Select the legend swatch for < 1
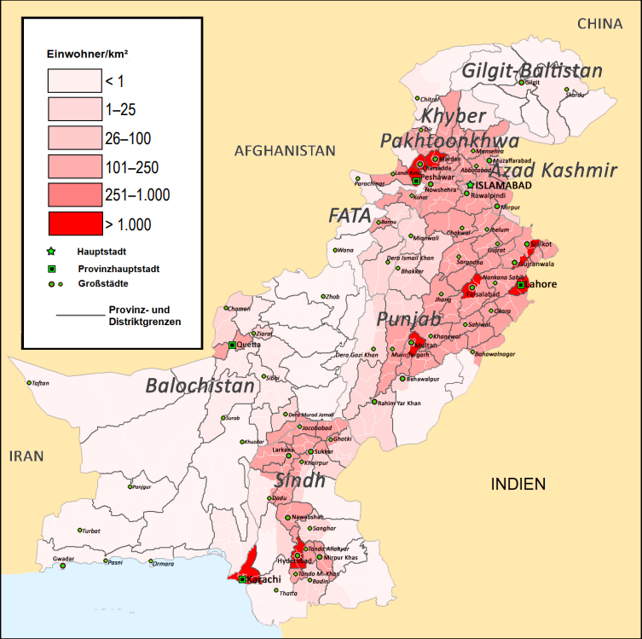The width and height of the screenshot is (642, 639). click(x=72, y=81)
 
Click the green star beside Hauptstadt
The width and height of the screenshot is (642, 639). click(x=52, y=253)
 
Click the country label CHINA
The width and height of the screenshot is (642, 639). click(x=600, y=23)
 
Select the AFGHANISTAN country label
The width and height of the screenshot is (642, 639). click(x=285, y=150)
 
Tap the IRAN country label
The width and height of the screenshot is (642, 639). click(x=26, y=456)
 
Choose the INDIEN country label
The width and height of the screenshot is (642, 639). click(x=518, y=485)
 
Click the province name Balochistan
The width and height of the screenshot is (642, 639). click(x=200, y=386)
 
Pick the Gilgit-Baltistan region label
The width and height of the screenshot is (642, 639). click(x=532, y=71)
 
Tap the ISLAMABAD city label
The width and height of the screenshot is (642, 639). click(x=504, y=186)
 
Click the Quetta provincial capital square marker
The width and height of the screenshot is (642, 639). click(x=232, y=346)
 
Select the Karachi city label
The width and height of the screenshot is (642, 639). click(x=265, y=580)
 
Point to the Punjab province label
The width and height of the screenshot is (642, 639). click(x=409, y=320)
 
